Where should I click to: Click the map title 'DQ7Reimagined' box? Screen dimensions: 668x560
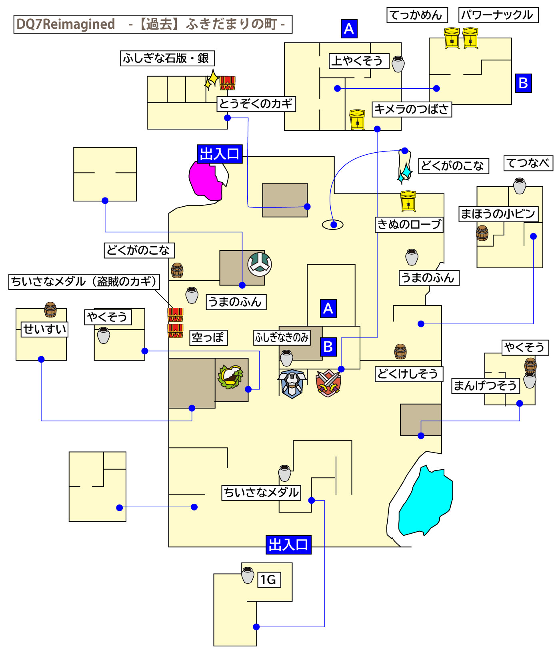point(152,24)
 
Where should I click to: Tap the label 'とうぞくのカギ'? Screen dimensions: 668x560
point(256,104)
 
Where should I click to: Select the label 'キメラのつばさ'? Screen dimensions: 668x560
point(412,109)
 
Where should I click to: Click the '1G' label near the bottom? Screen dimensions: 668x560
point(269,580)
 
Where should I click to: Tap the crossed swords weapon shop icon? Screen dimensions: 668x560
point(328,383)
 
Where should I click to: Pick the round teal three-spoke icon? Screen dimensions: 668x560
point(260,264)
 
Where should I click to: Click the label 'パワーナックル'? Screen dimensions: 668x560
point(498,15)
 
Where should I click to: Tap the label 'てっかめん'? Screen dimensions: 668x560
point(417,15)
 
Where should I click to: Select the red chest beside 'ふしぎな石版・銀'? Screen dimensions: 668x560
point(228,83)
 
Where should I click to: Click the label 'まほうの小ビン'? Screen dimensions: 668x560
point(498,214)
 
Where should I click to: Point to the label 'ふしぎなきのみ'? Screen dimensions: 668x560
point(282,338)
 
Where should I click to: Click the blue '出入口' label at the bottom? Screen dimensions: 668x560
point(288,544)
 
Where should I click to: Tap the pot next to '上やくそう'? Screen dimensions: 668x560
point(398,64)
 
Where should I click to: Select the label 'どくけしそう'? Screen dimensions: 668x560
point(408,374)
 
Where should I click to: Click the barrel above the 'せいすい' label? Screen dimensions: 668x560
point(50,309)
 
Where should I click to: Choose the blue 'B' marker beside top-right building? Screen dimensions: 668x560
point(523,83)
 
